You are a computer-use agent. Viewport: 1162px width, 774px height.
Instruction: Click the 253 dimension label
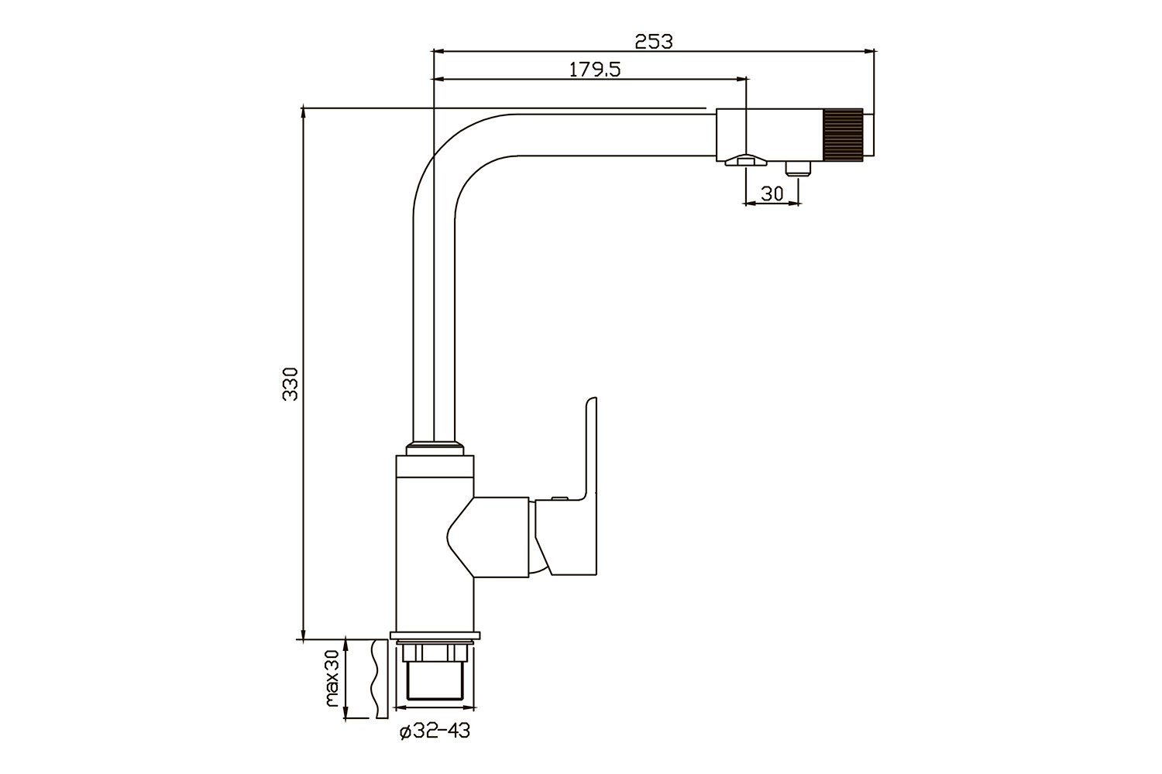coord(654,42)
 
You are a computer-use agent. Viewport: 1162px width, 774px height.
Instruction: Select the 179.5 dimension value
coord(594,70)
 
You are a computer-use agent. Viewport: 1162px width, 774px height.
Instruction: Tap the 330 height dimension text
coord(290,384)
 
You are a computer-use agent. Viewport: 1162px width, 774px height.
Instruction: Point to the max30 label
coord(332,679)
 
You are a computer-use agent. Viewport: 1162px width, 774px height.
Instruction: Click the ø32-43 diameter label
coord(435,731)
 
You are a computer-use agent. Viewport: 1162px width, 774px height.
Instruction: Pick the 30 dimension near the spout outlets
coord(772,193)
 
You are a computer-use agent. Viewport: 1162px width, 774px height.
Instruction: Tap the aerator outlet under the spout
coord(746,160)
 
